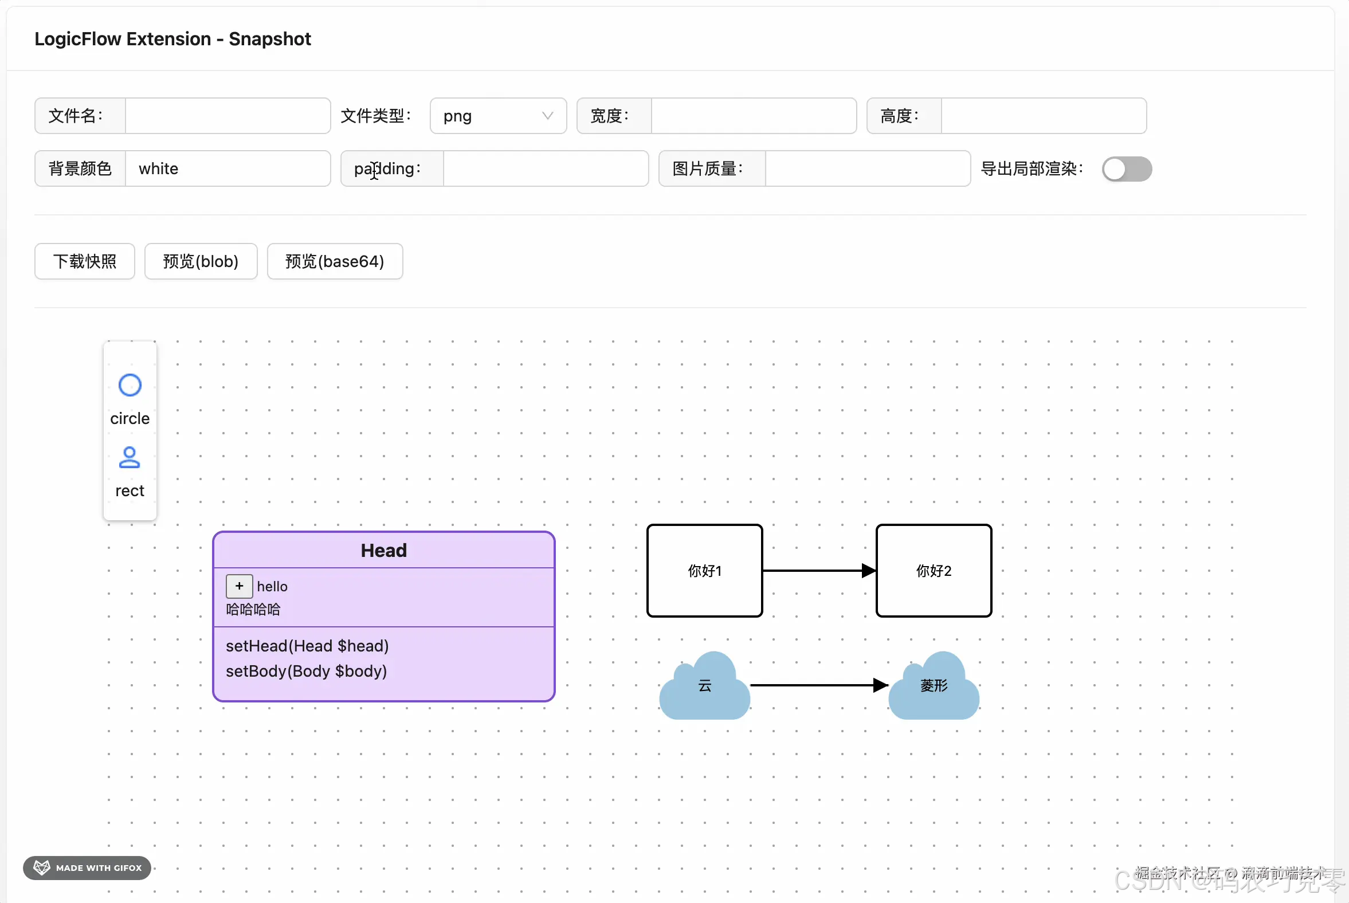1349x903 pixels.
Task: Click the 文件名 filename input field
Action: click(x=228, y=116)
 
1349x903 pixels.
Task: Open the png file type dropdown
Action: click(x=497, y=116)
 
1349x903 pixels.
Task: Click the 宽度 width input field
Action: click(x=753, y=116)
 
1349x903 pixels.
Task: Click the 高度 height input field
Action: click(x=1042, y=116)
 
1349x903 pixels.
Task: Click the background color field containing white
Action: click(x=228, y=168)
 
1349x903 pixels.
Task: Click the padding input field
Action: click(x=545, y=168)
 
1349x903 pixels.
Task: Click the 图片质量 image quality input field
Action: click(x=867, y=168)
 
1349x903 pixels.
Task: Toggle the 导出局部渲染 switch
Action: click(x=1126, y=168)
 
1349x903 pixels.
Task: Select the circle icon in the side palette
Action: click(x=130, y=385)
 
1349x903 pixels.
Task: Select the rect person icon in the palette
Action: click(x=130, y=458)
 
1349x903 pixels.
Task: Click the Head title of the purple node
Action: click(x=383, y=551)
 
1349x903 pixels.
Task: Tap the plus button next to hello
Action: click(x=239, y=586)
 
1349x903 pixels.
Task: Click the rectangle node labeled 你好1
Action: click(x=704, y=571)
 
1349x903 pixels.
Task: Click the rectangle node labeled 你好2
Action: click(x=933, y=571)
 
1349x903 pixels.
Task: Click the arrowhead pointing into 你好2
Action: click(x=868, y=571)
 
